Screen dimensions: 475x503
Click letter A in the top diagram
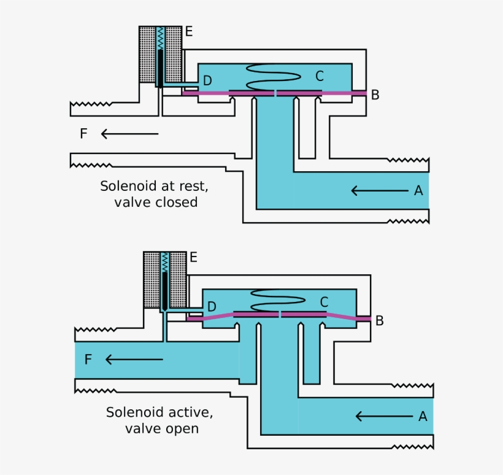pos(418,191)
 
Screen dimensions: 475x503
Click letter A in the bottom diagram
pos(423,417)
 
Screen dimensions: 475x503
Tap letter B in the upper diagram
pos(375,95)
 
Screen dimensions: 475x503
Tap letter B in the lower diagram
pos(380,320)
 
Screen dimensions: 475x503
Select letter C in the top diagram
pos(319,76)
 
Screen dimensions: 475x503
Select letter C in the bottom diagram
pos(324,302)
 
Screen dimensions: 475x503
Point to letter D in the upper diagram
pos(207,81)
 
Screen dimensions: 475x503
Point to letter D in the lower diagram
pos(212,306)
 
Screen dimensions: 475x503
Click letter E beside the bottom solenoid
pos(193,257)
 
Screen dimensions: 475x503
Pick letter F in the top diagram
pos(83,134)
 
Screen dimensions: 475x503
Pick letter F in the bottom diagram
pos(88,360)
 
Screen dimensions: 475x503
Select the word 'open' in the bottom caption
pos(182,428)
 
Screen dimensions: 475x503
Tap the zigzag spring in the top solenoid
pos(160,38)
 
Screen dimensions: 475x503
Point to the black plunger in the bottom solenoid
pos(165,288)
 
